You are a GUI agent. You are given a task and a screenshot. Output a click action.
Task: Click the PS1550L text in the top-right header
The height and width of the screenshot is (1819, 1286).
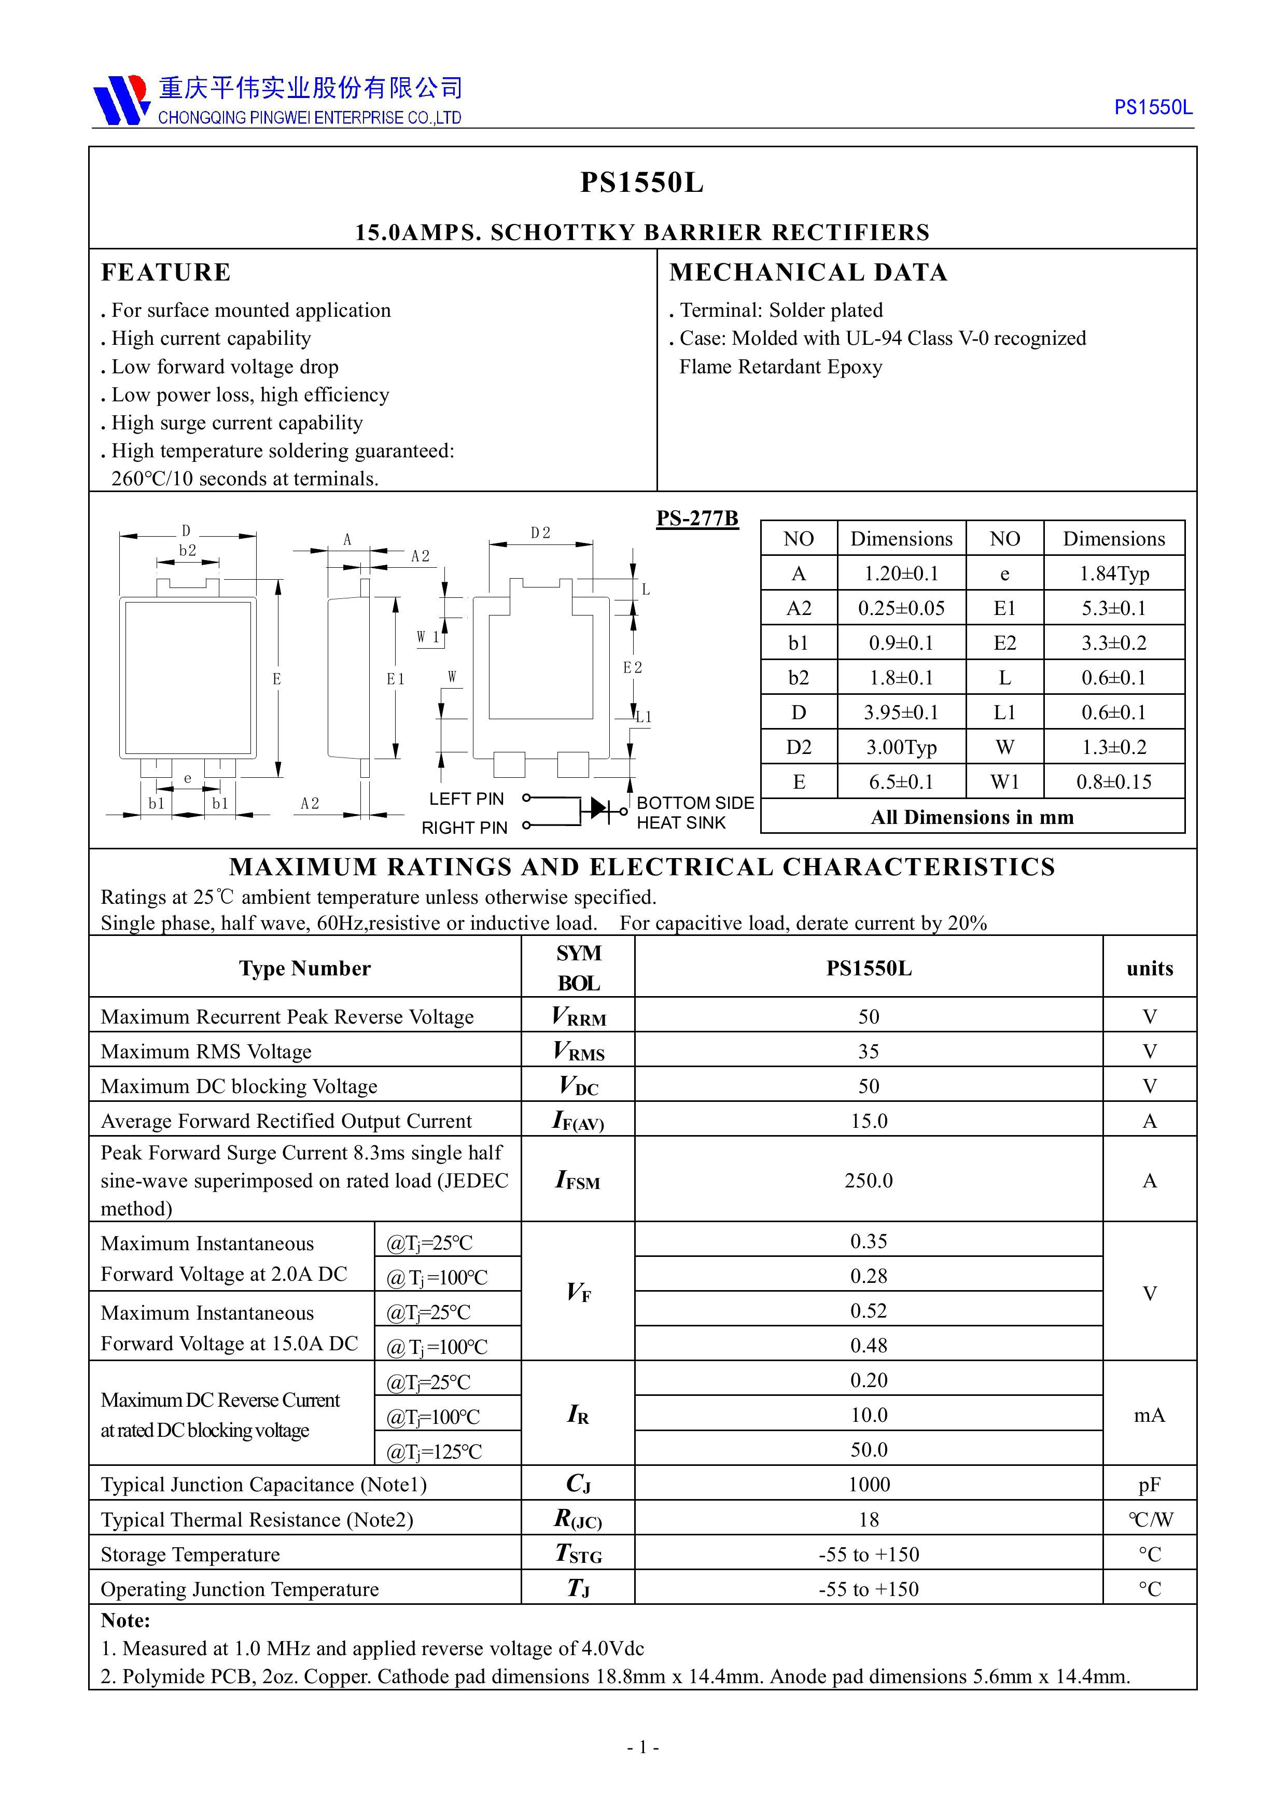coord(1152,108)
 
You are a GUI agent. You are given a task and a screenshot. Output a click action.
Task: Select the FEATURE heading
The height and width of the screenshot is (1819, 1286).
coord(165,273)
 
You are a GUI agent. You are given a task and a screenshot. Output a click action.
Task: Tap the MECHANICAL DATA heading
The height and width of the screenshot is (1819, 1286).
coord(808,273)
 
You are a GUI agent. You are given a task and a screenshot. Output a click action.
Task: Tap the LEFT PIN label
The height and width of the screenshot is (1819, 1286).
coord(466,799)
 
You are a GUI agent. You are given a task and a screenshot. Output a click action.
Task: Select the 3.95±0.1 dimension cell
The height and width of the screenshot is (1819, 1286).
coord(901,712)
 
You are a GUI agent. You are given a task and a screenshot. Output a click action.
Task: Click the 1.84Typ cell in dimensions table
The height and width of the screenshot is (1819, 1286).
coord(1113,573)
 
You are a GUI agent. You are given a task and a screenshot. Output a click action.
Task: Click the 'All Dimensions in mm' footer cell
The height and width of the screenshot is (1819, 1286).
coord(972,817)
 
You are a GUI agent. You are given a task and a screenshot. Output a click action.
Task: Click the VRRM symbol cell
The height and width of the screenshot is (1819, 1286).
coord(578,1016)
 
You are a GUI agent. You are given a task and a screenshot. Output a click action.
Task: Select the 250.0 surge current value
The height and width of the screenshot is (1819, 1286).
coord(869,1181)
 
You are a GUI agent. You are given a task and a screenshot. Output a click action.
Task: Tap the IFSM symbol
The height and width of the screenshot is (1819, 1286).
coord(578,1181)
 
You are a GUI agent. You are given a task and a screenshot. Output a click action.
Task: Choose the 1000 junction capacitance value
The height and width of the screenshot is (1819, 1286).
coord(869,1485)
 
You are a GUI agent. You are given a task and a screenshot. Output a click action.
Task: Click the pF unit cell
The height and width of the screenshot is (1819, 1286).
coord(1149,1485)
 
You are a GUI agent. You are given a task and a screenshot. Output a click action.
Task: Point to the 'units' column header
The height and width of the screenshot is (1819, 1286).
coord(1149,968)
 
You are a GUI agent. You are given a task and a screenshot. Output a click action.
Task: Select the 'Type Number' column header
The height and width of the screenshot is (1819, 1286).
coord(305,968)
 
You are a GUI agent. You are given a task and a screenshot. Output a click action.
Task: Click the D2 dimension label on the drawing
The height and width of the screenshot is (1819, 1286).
coord(540,533)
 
